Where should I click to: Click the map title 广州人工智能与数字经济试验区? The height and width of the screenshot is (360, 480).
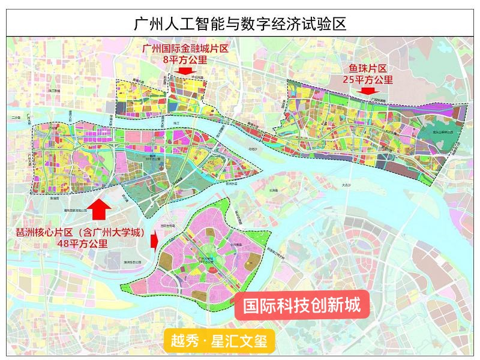240,25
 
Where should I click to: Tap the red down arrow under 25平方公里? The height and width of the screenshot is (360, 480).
366,91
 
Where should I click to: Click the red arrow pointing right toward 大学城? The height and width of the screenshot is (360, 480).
154,242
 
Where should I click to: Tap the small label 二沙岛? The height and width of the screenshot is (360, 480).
16,118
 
